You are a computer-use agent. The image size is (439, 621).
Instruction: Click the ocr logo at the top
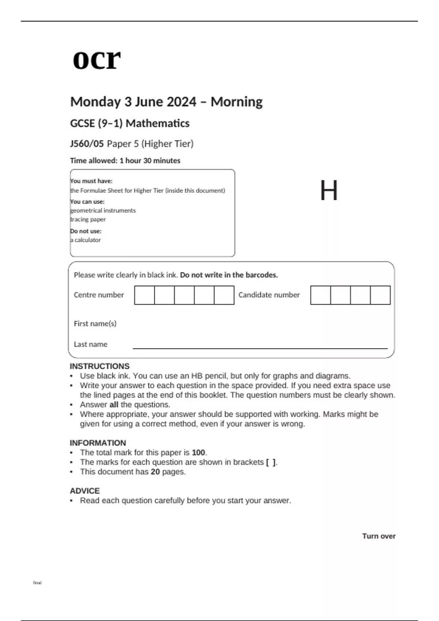pos(97,59)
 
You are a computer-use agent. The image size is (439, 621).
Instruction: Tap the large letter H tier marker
pos(329,191)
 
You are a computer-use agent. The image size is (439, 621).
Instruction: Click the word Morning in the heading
pos(236,102)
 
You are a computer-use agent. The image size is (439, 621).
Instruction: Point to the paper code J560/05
pos(87,144)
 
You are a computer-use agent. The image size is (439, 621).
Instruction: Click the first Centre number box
pos(145,295)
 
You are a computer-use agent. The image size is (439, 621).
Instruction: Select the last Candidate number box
pos(380,295)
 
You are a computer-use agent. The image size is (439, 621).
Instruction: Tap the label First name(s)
pos(95,324)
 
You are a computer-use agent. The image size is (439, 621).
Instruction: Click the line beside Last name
pos(260,348)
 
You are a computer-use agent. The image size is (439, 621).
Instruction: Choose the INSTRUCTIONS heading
pos(100,366)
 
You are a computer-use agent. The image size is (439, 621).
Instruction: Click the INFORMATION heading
pos(98,443)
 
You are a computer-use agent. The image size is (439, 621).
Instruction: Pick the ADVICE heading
pos(85,491)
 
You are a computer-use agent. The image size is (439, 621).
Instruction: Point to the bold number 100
pos(198,453)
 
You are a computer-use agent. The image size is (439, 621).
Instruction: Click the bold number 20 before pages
pos(155,472)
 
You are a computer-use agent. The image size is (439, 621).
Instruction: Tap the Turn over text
pos(379,536)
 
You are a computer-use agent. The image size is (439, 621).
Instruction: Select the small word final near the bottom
pos(37,583)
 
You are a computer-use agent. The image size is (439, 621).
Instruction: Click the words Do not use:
pos(86,231)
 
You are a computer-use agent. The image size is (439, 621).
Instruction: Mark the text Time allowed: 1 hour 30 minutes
pos(125,161)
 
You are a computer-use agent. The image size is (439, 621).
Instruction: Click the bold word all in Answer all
pos(114,405)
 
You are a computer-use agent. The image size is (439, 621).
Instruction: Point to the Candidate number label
pos(269,295)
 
